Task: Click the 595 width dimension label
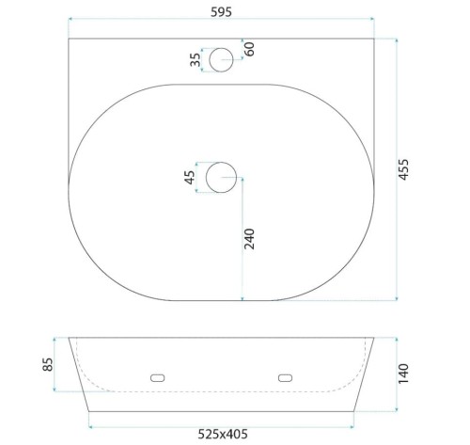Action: coord(221,12)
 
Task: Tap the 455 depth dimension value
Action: coord(403,169)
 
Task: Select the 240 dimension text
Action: coord(249,239)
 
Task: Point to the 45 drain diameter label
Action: coord(190,178)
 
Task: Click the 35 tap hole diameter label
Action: coord(196,59)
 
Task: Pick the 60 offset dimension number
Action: coord(249,49)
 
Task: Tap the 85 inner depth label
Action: coord(48,364)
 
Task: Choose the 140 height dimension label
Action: coord(403,373)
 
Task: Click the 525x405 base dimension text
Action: coord(223,434)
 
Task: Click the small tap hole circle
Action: coord(221,48)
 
